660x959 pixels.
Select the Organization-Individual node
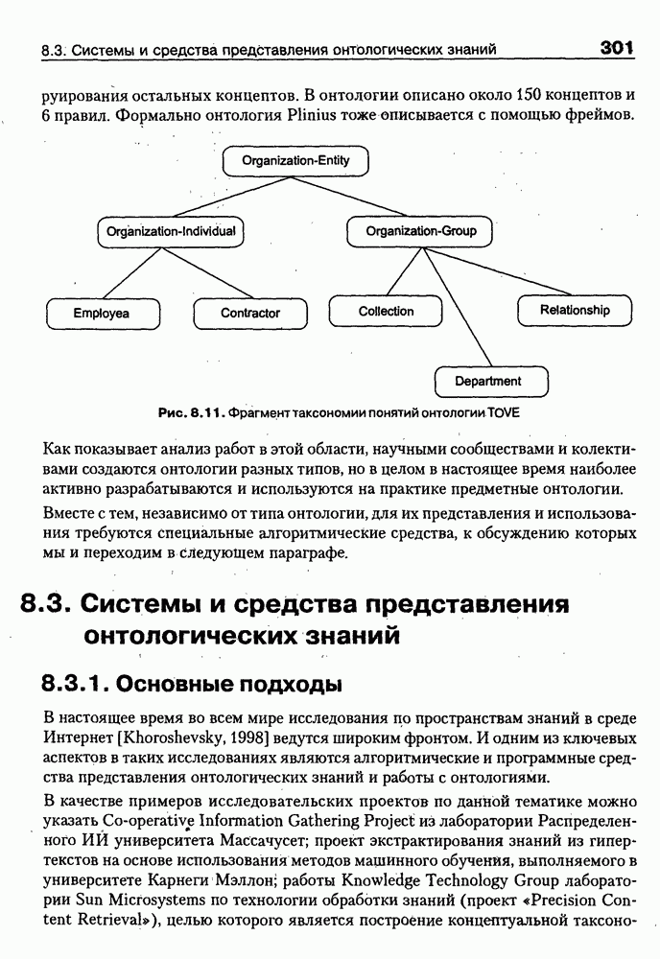[171, 231]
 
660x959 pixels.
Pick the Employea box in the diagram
[102, 313]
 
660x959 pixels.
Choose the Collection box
[386, 312]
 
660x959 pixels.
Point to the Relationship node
[575, 310]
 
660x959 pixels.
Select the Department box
[488, 381]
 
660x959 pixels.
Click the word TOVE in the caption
[503, 412]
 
